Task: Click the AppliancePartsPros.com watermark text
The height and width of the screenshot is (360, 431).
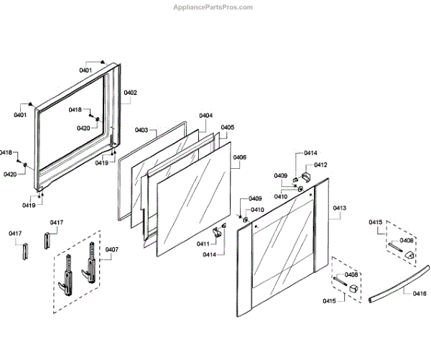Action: [213, 7]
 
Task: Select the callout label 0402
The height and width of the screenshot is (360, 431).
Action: [130, 93]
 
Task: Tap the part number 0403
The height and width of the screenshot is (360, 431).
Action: [141, 130]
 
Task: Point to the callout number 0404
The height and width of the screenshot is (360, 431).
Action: [205, 116]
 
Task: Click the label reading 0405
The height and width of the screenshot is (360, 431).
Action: [227, 127]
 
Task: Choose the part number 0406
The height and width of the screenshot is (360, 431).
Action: [239, 157]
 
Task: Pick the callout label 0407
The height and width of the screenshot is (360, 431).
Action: [111, 250]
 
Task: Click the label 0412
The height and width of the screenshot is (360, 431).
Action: [320, 165]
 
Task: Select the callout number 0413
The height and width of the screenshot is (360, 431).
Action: [339, 208]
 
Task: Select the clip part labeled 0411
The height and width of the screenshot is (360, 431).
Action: [216, 234]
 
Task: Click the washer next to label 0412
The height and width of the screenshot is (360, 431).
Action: [301, 190]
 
